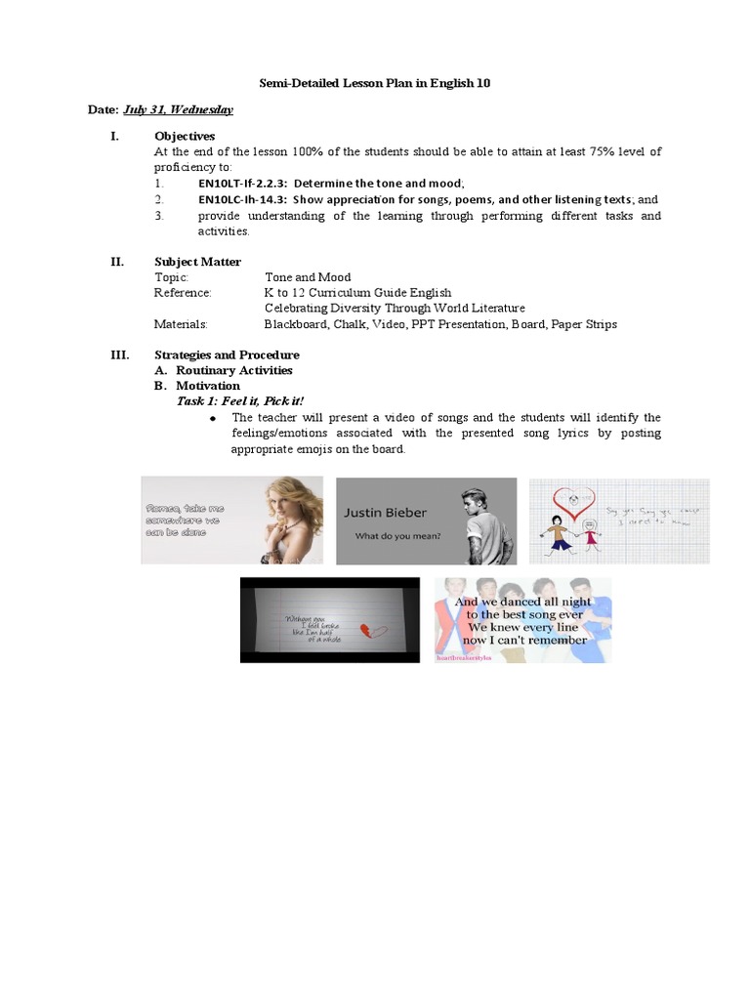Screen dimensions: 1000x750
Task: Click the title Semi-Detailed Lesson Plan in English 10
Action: click(x=374, y=83)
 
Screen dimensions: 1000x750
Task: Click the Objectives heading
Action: click(x=185, y=136)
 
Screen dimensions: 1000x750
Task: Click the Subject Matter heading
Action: click(x=197, y=262)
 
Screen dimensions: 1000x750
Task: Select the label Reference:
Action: click(x=183, y=293)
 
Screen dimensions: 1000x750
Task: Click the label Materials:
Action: click(x=181, y=324)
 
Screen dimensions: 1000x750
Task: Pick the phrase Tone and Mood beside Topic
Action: click(x=308, y=277)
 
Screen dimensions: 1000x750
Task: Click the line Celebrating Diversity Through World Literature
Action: click(x=395, y=309)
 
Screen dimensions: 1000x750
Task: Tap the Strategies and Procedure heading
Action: click(x=227, y=355)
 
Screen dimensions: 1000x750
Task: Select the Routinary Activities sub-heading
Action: click(x=233, y=371)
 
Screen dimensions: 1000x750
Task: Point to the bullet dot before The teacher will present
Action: click(x=212, y=418)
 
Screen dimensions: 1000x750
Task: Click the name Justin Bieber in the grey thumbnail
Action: click(x=385, y=513)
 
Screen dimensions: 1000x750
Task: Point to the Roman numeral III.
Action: click(x=117, y=355)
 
